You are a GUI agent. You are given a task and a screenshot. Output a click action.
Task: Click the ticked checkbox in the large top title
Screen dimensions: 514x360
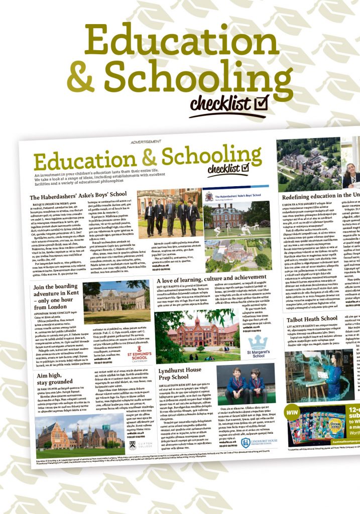[261, 102]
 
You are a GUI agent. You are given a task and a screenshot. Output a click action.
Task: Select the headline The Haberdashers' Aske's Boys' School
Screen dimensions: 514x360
[78, 197]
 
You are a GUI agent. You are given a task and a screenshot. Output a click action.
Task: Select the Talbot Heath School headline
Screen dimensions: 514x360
[311, 318]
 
